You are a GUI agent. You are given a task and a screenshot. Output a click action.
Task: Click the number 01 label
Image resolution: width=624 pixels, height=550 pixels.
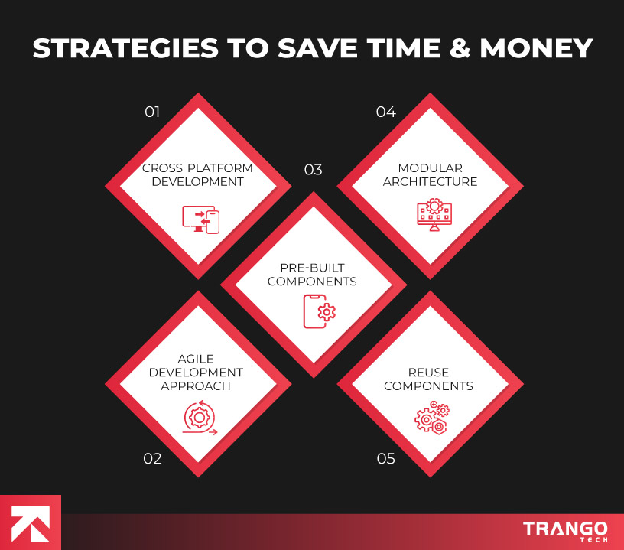click(x=152, y=112)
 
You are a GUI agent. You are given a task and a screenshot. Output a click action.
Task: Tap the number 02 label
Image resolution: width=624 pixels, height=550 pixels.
click(x=152, y=459)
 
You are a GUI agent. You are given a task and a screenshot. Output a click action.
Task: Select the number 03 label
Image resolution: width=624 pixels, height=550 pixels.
click(x=313, y=170)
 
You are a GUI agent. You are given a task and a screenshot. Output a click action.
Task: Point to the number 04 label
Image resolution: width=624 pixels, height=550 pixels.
click(x=385, y=112)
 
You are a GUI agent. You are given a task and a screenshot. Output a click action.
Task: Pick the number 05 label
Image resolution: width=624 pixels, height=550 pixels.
click(x=386, y=459)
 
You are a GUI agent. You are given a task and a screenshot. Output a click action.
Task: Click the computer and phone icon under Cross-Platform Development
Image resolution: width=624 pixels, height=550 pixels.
click(x=201, y=219)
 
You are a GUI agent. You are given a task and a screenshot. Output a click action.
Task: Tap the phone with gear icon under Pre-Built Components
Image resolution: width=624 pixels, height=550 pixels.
click(x=320, y=311)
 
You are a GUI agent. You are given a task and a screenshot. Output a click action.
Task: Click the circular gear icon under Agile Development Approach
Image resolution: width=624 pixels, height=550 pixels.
click(x=200, y=418)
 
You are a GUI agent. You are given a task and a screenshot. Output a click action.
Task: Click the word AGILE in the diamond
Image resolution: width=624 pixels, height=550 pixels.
click(x=197, y=358)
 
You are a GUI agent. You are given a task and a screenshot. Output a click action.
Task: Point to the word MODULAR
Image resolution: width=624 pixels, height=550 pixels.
click(x=430, y=168)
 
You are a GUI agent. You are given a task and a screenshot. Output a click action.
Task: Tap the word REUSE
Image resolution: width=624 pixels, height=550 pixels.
click(x=428, y=372)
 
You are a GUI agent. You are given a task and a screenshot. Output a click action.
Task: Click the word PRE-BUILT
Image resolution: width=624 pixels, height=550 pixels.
click(x=312, y=268)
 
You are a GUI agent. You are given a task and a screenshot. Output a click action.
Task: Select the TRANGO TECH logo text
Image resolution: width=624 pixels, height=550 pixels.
click(x=565, y=530)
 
